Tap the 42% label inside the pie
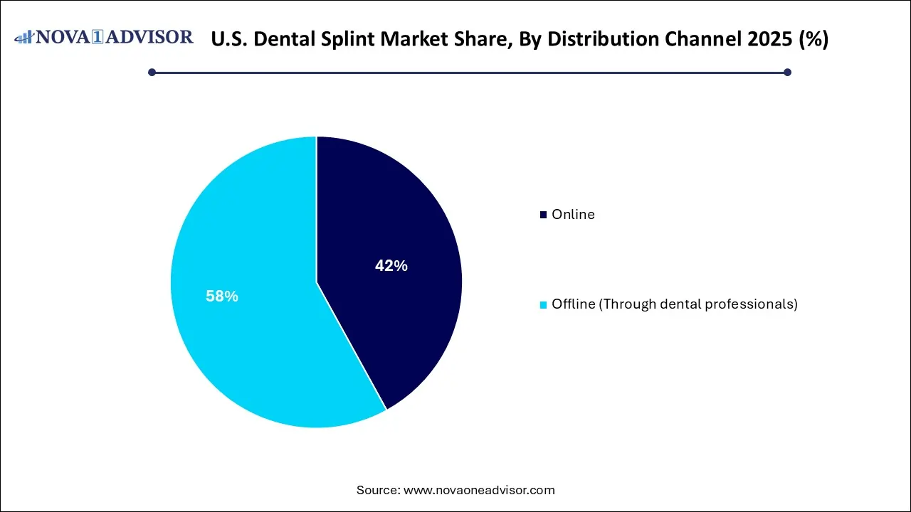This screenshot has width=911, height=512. pyautogui.click(x=391, y=266)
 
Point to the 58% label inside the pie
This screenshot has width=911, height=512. pyautogui.click(x=222, y=297)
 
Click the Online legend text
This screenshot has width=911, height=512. pyautogui.click(x=573, y=214)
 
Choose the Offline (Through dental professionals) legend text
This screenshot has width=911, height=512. pyautogui.click(x=674, y=304)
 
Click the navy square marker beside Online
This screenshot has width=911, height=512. pyautogui.click(x=544, y=215)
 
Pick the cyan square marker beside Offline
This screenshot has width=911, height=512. pyautogui.click(x=544, y=304)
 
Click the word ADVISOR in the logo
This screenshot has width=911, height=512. pyautogui.click(x=150, y=37)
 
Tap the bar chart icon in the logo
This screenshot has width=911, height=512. pyautogui.click(x=23, y=37)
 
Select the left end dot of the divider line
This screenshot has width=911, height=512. pyautogui.click(x=152, y=72)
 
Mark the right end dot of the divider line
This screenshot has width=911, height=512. pyautogui.click(x=787, y=72)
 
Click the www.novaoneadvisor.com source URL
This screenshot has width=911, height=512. pyautogui.click(x=479, y=490)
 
